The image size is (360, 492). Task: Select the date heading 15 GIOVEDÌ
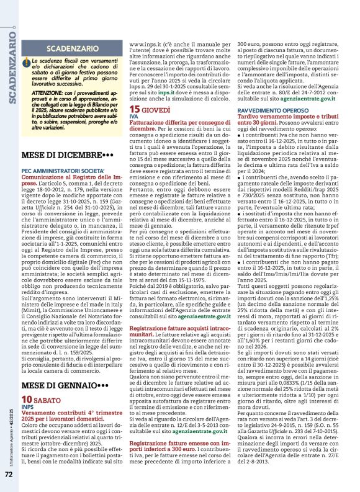click(x=153, y=109)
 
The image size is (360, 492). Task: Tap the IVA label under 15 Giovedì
click(x=133, y=117)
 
